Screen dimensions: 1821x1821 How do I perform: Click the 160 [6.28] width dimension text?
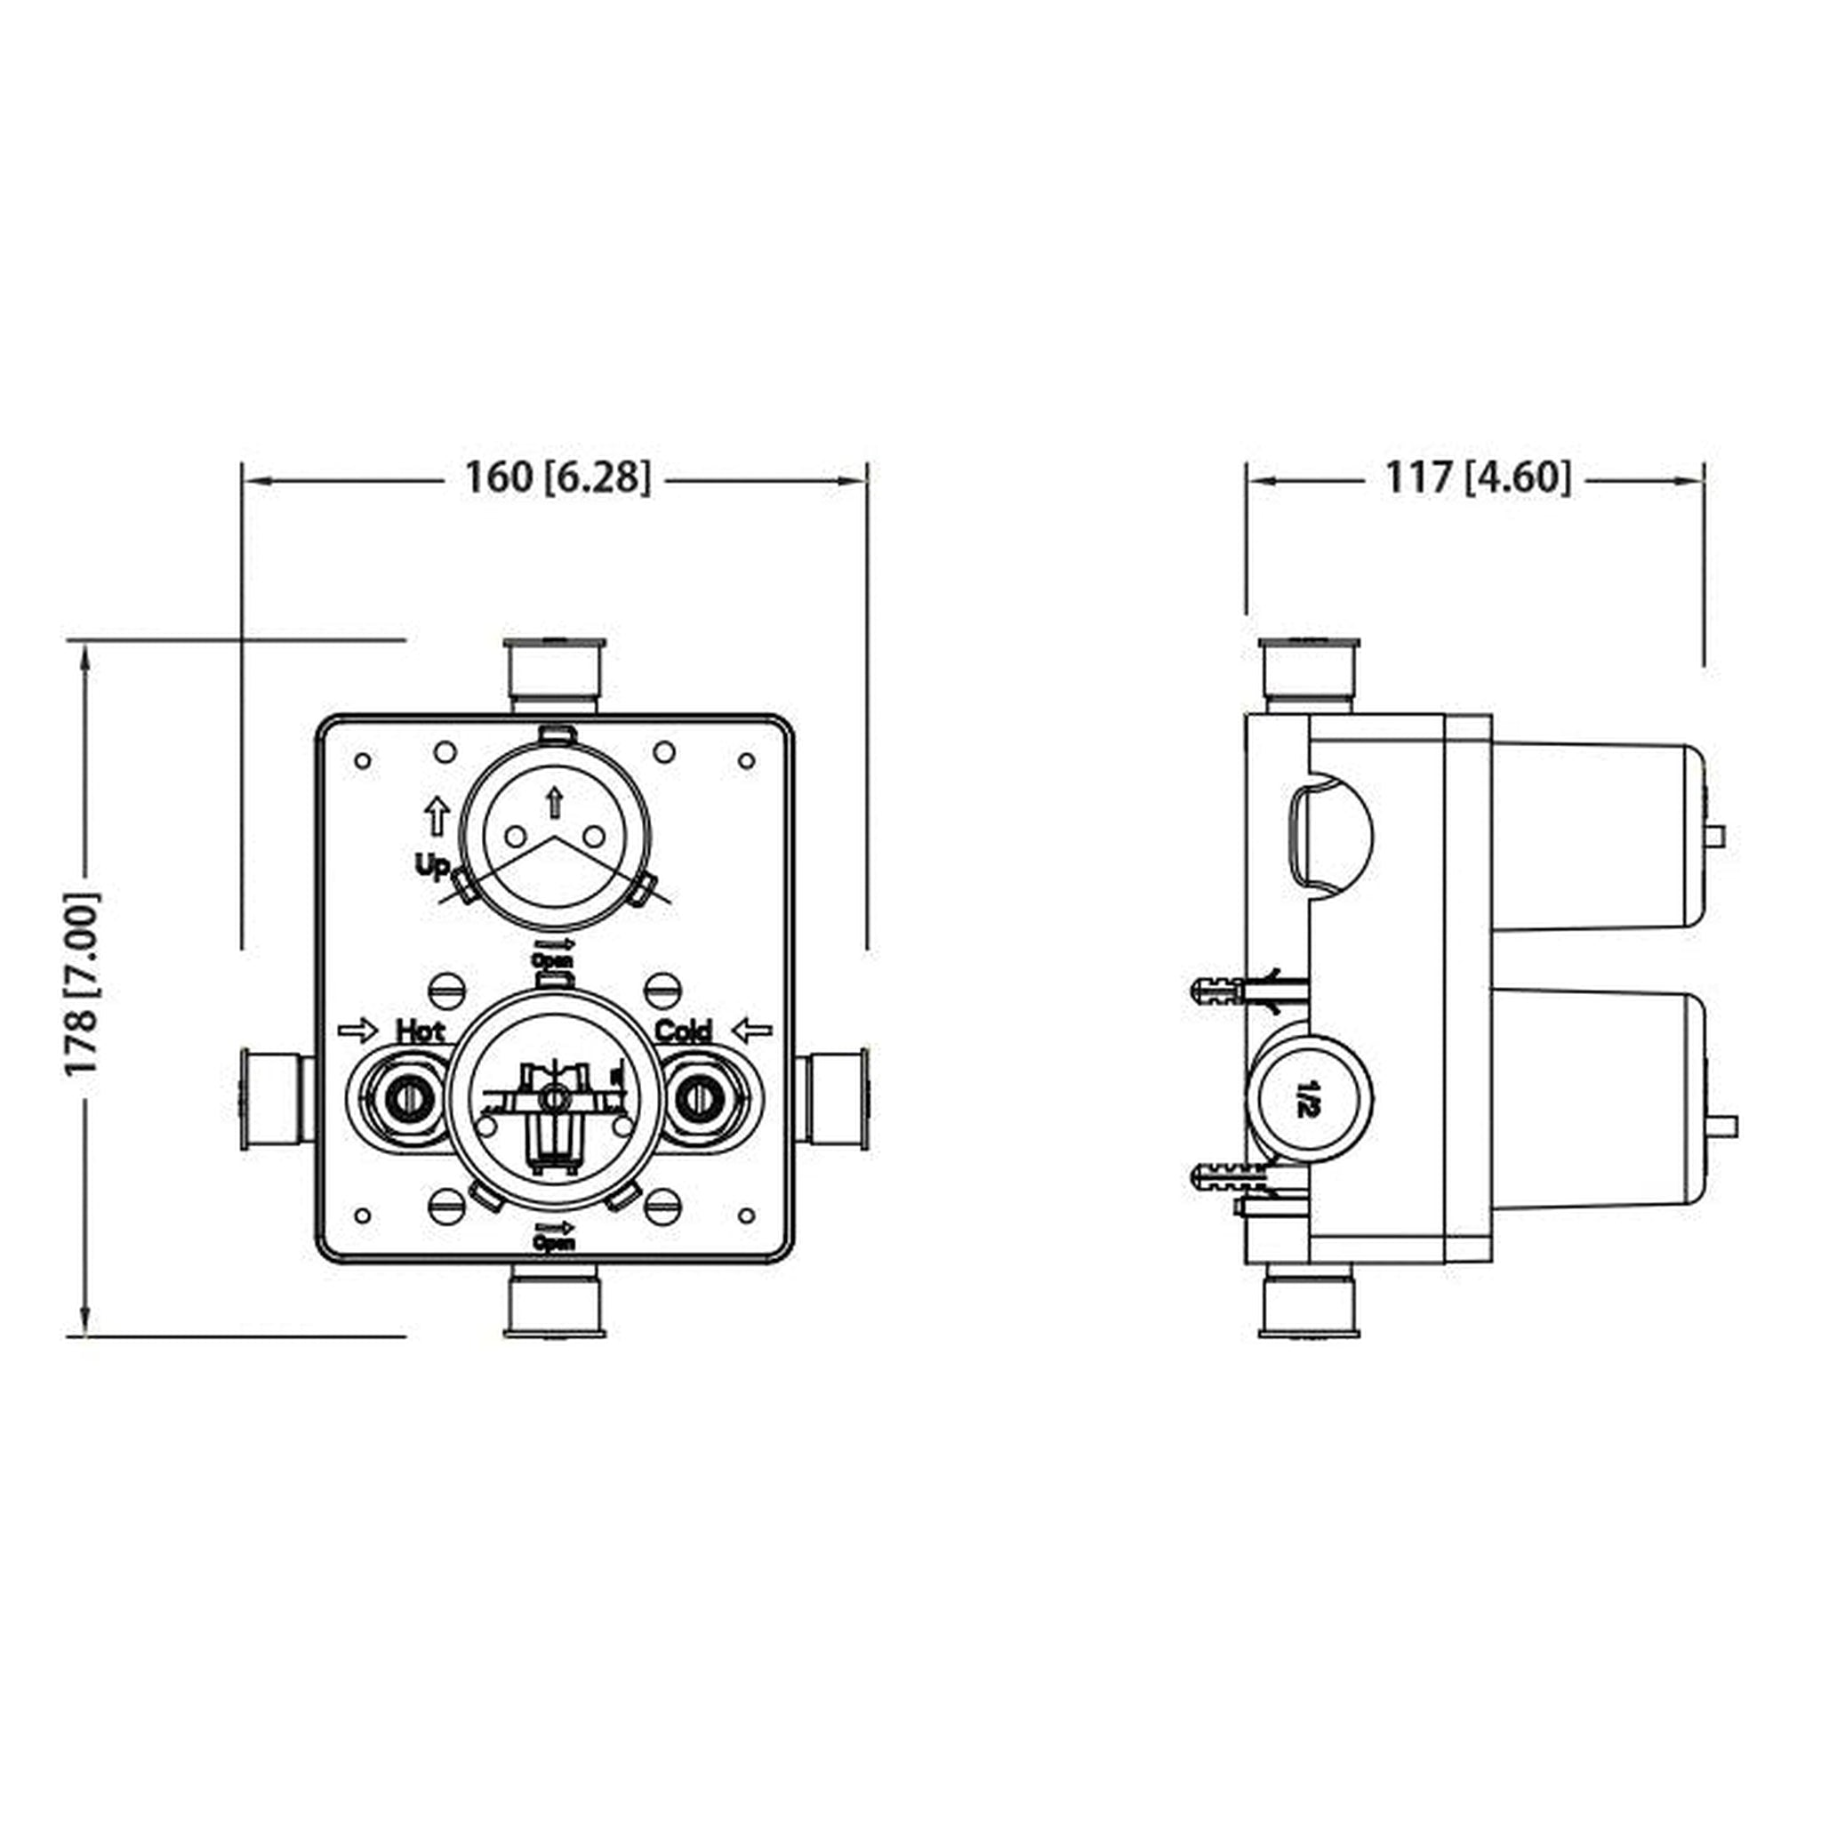pyautogui.click(x=557, y=477)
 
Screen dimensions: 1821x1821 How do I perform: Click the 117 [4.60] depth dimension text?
pyautogui.click(x=1477, y=477)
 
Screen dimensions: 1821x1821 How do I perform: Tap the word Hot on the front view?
pyautogui.click(x=420, y=1031)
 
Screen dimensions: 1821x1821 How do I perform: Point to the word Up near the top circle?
pyautogui.click(x=433, y=865)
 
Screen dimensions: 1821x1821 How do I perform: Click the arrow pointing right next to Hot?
pyautogui.click(x=357, y=1031)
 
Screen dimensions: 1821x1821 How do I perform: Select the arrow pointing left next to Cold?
pyautogui.click(x=751, y=1031)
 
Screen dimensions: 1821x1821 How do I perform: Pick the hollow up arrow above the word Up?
pyautogui.click(x=437, y=815)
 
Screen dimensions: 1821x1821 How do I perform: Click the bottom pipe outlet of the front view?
pyautogui.click(x=554, y=1302)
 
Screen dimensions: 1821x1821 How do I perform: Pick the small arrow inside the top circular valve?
pyautogui.click(x=554, y=801)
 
